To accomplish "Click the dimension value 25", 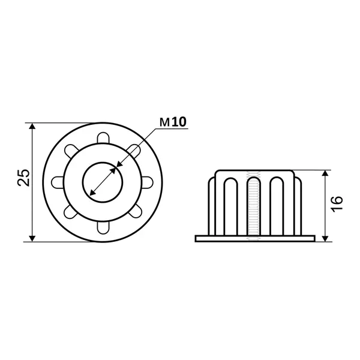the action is [23, 178].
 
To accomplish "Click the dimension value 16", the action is [337, 204].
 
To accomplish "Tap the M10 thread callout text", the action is [173, 122].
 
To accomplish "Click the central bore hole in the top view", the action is [103, 182].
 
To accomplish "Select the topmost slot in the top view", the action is [103, 138].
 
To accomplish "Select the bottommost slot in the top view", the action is [103, 227].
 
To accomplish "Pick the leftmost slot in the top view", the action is [58, 182].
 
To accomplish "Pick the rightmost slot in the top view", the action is [147, 182].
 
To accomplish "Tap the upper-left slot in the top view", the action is [71, 151].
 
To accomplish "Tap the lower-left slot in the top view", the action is [71, 212].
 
